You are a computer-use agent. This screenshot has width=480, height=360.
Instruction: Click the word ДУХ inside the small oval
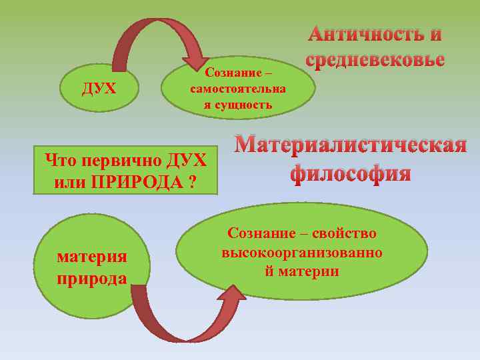coord(99,89)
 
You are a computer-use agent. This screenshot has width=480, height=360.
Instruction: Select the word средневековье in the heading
coord(375,59)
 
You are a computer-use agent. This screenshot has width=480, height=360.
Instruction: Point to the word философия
coord(350,173)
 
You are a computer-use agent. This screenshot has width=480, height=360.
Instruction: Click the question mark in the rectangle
coord(192,182)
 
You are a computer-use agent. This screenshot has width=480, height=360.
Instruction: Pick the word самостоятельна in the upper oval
coord(238,88)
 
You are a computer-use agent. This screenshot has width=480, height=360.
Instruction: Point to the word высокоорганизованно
coord(302,253)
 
